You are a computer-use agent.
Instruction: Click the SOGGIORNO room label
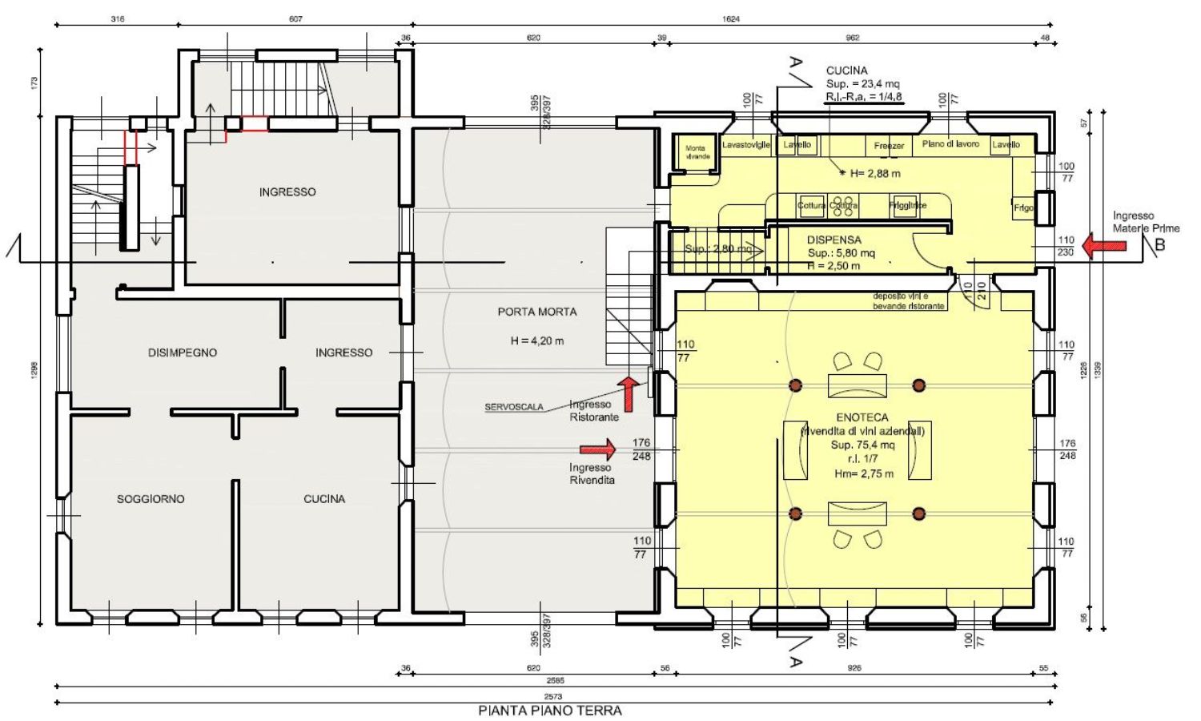click(x=151, y=499)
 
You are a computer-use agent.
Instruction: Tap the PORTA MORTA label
click(x=536, y=312)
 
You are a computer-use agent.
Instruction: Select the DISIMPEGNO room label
click(x=183, y=352)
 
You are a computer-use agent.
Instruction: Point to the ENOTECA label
click(x=862, y=417)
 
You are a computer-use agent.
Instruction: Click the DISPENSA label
click(x=833, y=240)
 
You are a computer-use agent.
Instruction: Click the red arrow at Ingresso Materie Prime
click(x=1103, y=245)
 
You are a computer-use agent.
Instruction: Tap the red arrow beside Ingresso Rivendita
click(x=597, y=449)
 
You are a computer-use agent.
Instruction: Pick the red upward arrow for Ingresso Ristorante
click(x=629, y=393)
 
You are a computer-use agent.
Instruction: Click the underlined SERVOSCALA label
click(x=514, y=407)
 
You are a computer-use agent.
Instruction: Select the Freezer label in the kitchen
click(x=889, y=146)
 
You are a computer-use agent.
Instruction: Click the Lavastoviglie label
click(x=746, y=145)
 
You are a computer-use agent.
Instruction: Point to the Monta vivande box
click(x=696, y=152)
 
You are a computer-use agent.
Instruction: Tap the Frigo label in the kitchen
click(x=1023, y=207)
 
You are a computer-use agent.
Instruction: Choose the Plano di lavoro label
click(x=950, y=144)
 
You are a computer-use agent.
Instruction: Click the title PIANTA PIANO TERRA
click(x=550, y=711)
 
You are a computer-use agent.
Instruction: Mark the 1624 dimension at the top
click(x=731, y=19)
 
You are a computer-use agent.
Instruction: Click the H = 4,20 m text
click(x=536, y=340)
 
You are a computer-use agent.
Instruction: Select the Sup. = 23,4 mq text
click(x=863, y=83)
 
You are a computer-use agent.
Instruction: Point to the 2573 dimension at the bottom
click(x=552, y=697)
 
